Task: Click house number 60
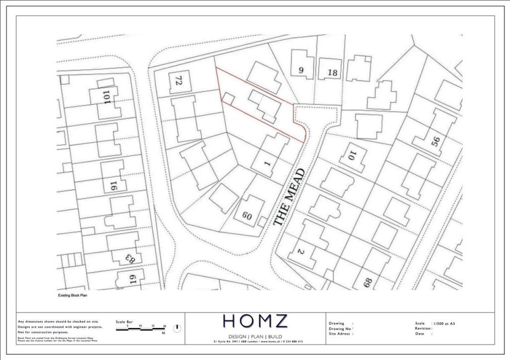247,216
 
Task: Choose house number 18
332,73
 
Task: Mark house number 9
301,70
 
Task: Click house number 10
351,156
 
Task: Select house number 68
368,283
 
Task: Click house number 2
300,251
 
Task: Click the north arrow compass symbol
177,329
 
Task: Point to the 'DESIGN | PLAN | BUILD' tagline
255,337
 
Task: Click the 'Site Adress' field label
341,334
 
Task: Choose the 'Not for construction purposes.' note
43,332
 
